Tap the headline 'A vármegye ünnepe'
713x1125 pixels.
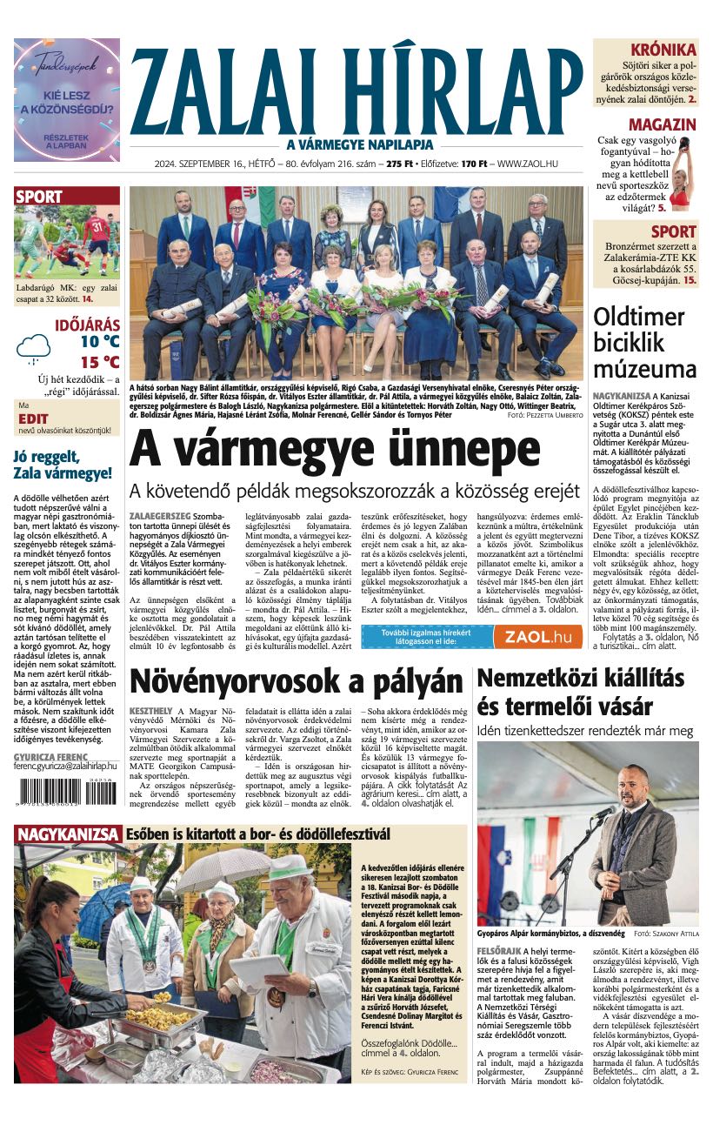335,451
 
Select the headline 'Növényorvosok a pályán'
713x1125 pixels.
296,683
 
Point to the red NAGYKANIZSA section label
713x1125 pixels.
67,835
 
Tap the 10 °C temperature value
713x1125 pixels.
100,342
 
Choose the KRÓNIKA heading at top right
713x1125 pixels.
663,50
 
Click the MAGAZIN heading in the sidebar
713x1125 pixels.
662,124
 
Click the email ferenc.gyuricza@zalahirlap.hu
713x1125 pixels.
66,767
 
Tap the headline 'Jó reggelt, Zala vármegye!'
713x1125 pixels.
63,465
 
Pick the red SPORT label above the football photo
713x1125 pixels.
39,198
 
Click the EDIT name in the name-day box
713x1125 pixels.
33,419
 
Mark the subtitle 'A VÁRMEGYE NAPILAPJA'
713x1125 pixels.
356,145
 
